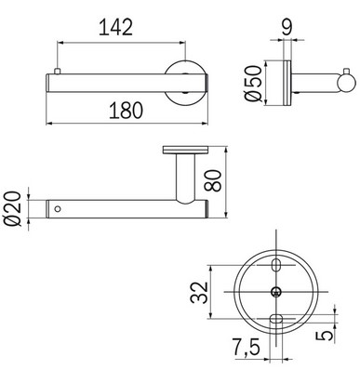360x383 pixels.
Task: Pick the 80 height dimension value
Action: (x=241, y=175)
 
